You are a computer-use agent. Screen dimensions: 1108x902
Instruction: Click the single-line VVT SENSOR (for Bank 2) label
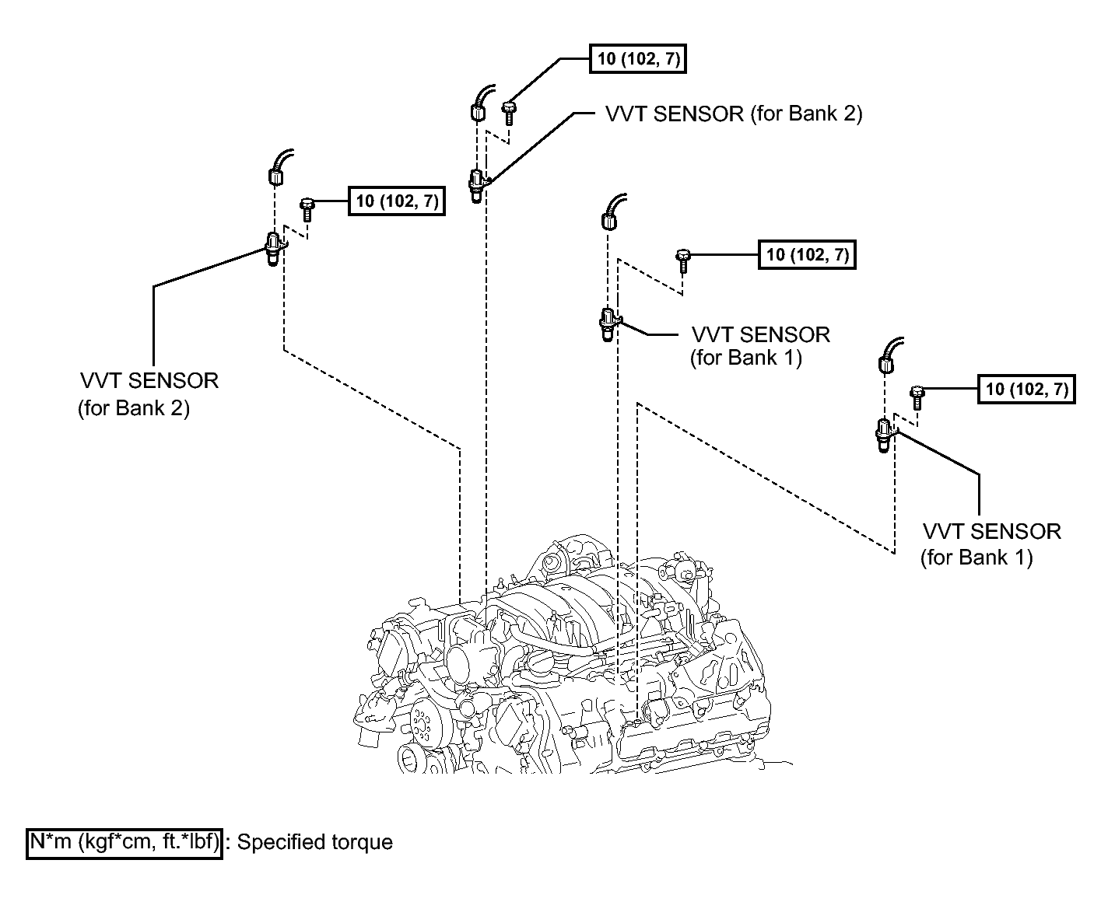(x=734, y=114)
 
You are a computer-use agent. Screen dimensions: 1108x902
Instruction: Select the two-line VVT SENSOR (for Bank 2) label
(x=149, y=394)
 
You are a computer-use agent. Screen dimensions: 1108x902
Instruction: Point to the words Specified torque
(x=314, y=842)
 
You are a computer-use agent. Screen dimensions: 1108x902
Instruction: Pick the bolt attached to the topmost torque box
(x=509, y=114)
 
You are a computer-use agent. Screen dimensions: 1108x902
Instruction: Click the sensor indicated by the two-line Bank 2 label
(x=275, y=249)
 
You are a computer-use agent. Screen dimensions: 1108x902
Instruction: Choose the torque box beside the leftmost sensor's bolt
(x=396, y=201)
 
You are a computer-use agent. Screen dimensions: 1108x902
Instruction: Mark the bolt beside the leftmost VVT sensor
(x=307, y=209)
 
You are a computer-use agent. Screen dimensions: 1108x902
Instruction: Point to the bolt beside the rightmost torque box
(x=917, y=398)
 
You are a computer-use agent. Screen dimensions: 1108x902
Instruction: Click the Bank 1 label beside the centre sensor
(x=759, y=346)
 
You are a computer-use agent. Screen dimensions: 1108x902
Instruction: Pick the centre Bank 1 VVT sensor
(x=608, y=324)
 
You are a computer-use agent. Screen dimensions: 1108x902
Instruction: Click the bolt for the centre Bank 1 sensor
(x=683, y=261)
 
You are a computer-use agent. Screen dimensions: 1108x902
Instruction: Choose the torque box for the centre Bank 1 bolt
(x=808, y=255)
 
